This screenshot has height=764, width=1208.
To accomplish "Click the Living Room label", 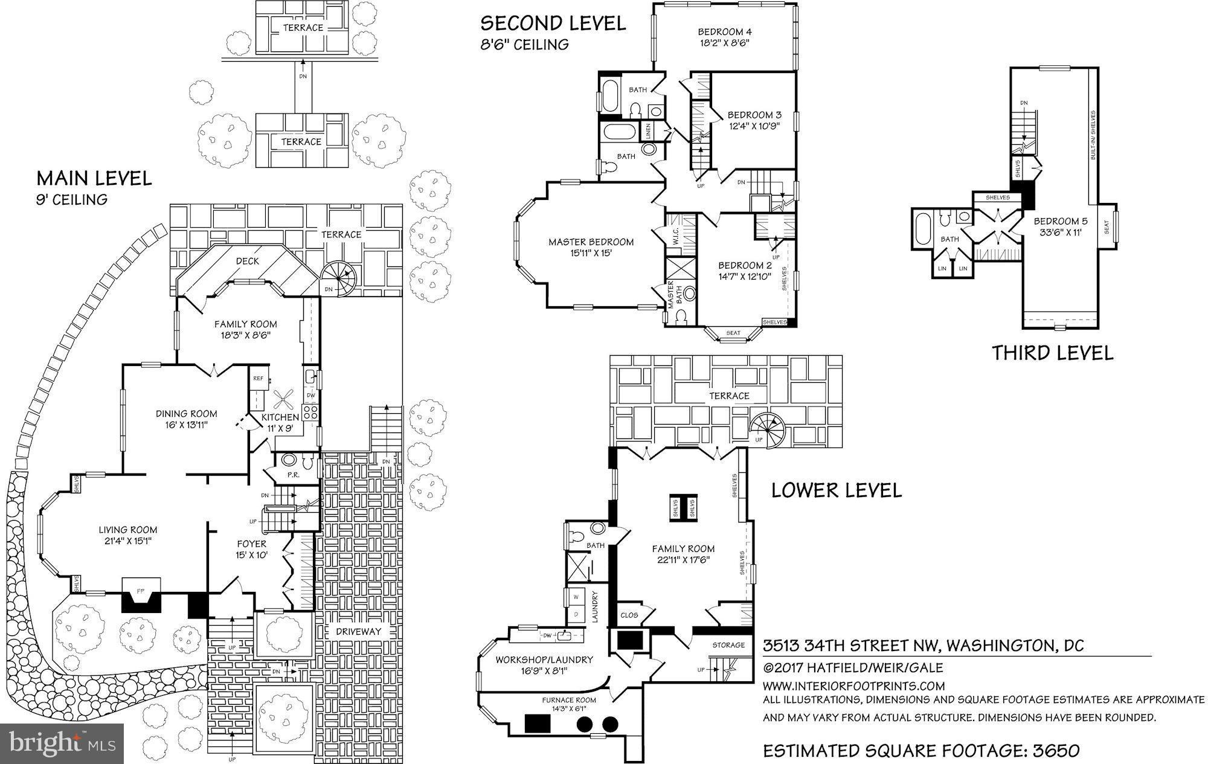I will click(128, 530).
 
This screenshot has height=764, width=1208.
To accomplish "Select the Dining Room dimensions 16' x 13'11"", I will click(186, 425).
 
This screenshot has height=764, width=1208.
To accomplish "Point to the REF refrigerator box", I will click(259, 379).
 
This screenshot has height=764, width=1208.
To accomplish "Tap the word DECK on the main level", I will click(247, 261).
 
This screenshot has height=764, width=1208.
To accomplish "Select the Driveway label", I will click(359, 631).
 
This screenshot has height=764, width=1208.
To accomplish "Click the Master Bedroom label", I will click(591, 242).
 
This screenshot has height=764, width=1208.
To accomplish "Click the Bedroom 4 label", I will click(724, 31).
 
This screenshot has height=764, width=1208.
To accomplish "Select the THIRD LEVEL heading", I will click(1052, 353).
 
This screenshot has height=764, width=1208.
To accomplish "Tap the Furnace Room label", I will click(568, 700).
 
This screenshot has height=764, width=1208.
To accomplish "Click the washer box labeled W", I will click(575, 597).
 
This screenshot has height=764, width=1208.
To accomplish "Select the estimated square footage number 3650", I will click(1055, 751).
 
